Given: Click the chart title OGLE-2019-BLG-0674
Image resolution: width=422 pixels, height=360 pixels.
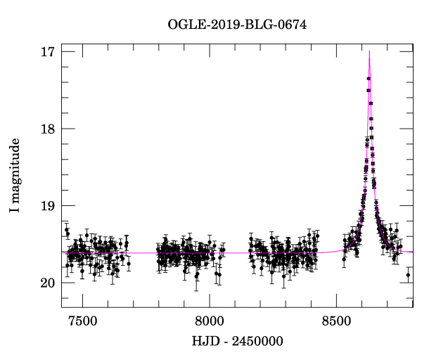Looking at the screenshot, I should point(237,25).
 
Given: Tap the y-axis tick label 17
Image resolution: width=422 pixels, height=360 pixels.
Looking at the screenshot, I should point(49,52).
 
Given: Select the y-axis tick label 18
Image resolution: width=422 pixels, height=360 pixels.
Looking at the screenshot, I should point(49,129).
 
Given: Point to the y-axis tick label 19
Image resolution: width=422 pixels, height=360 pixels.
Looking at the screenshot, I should point(49,206).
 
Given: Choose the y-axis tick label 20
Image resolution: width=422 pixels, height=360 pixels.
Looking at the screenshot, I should point(49,283).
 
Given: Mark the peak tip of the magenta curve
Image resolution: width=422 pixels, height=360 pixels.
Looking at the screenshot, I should point(369,51).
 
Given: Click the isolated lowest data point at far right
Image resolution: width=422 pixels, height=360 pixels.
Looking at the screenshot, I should point(408,275).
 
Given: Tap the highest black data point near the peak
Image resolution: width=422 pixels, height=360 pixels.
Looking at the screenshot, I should point(369,78).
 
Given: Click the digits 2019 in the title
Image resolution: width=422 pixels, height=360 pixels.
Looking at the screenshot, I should point(219,25).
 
